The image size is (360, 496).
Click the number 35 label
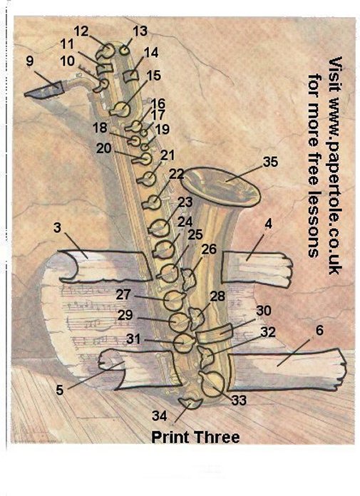(270, 162)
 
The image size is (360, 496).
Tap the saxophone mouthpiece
(44, 91)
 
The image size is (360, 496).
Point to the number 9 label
(30, 61)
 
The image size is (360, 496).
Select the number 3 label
(57, 227)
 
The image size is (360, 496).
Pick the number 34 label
(160, 415)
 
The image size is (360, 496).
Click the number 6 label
(319, 330)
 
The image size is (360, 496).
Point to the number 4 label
(268, 224)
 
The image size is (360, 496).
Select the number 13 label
(140, 31)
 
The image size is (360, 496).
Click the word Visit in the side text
(335, 74)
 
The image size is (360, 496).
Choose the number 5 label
(60, 390)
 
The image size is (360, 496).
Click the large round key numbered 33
(212, 383)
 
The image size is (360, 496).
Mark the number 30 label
(264, 311)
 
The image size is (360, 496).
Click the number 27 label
(123, 294)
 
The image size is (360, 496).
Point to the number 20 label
(104, 148)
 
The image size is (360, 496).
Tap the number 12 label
(81, 31)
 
